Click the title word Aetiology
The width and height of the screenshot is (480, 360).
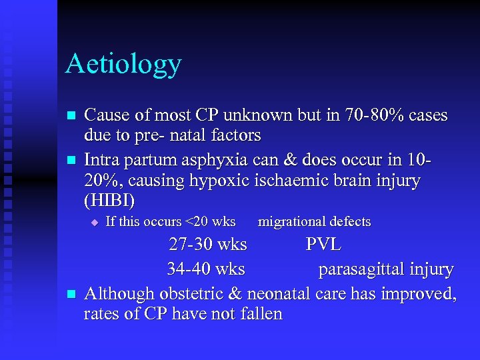click(x=123, y=65)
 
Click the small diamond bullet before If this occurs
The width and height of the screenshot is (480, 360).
click(x=95, y=222)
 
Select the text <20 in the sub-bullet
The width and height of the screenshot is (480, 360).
click(x=197, y=222)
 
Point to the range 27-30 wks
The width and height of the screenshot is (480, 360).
click(x=208, y=245)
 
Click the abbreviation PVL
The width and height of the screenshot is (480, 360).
click(x=323, y=245)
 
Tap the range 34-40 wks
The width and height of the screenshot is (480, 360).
click(x=206, y=269)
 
